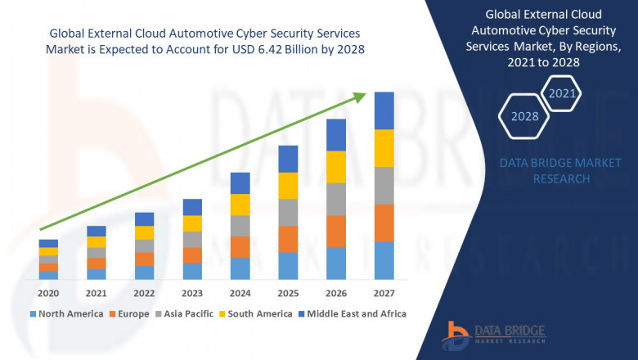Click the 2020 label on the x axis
click(48, 293)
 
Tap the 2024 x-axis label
click(240, 293)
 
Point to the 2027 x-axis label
click(384, 293)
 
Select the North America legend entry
click(67, 313)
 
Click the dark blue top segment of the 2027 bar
click(384, 110)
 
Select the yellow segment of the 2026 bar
click(335, 167)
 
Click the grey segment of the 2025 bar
click(288, 212)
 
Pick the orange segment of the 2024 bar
click(240, 247)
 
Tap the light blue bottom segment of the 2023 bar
click(192, 271)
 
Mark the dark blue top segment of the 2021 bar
click(97, 231)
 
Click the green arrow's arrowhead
click(360, 97)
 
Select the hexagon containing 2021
click(563, 94)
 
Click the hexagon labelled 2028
click(525, 116)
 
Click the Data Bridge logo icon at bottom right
click(455, 336)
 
